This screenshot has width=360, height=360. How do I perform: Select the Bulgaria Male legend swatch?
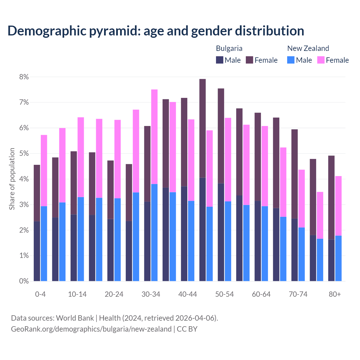click(220, 60)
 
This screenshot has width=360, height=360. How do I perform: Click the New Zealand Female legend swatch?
click(321, 60)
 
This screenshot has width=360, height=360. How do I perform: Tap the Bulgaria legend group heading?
click(229, 48)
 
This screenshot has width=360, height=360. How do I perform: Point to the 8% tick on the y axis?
click(24, 77)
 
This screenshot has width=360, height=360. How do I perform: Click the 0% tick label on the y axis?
click(24, 281)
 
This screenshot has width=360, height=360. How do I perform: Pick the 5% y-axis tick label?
click(24, 154)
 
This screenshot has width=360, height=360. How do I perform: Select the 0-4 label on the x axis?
click(40, 294)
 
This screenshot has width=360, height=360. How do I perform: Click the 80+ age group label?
click(335, 294)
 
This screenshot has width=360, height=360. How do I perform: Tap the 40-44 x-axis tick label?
click(188, 294)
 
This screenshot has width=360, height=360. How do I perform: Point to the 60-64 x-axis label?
click(261, 294)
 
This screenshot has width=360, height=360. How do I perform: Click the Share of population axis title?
click(12, 179)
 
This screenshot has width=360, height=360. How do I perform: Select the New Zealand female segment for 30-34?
click(154, 137)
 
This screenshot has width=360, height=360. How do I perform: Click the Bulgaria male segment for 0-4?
click(37, 251)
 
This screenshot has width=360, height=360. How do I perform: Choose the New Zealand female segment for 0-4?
click(44, 171)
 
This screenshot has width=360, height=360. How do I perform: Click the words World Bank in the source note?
click(75, 318)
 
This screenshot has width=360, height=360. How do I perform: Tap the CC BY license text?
click(187, 329)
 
